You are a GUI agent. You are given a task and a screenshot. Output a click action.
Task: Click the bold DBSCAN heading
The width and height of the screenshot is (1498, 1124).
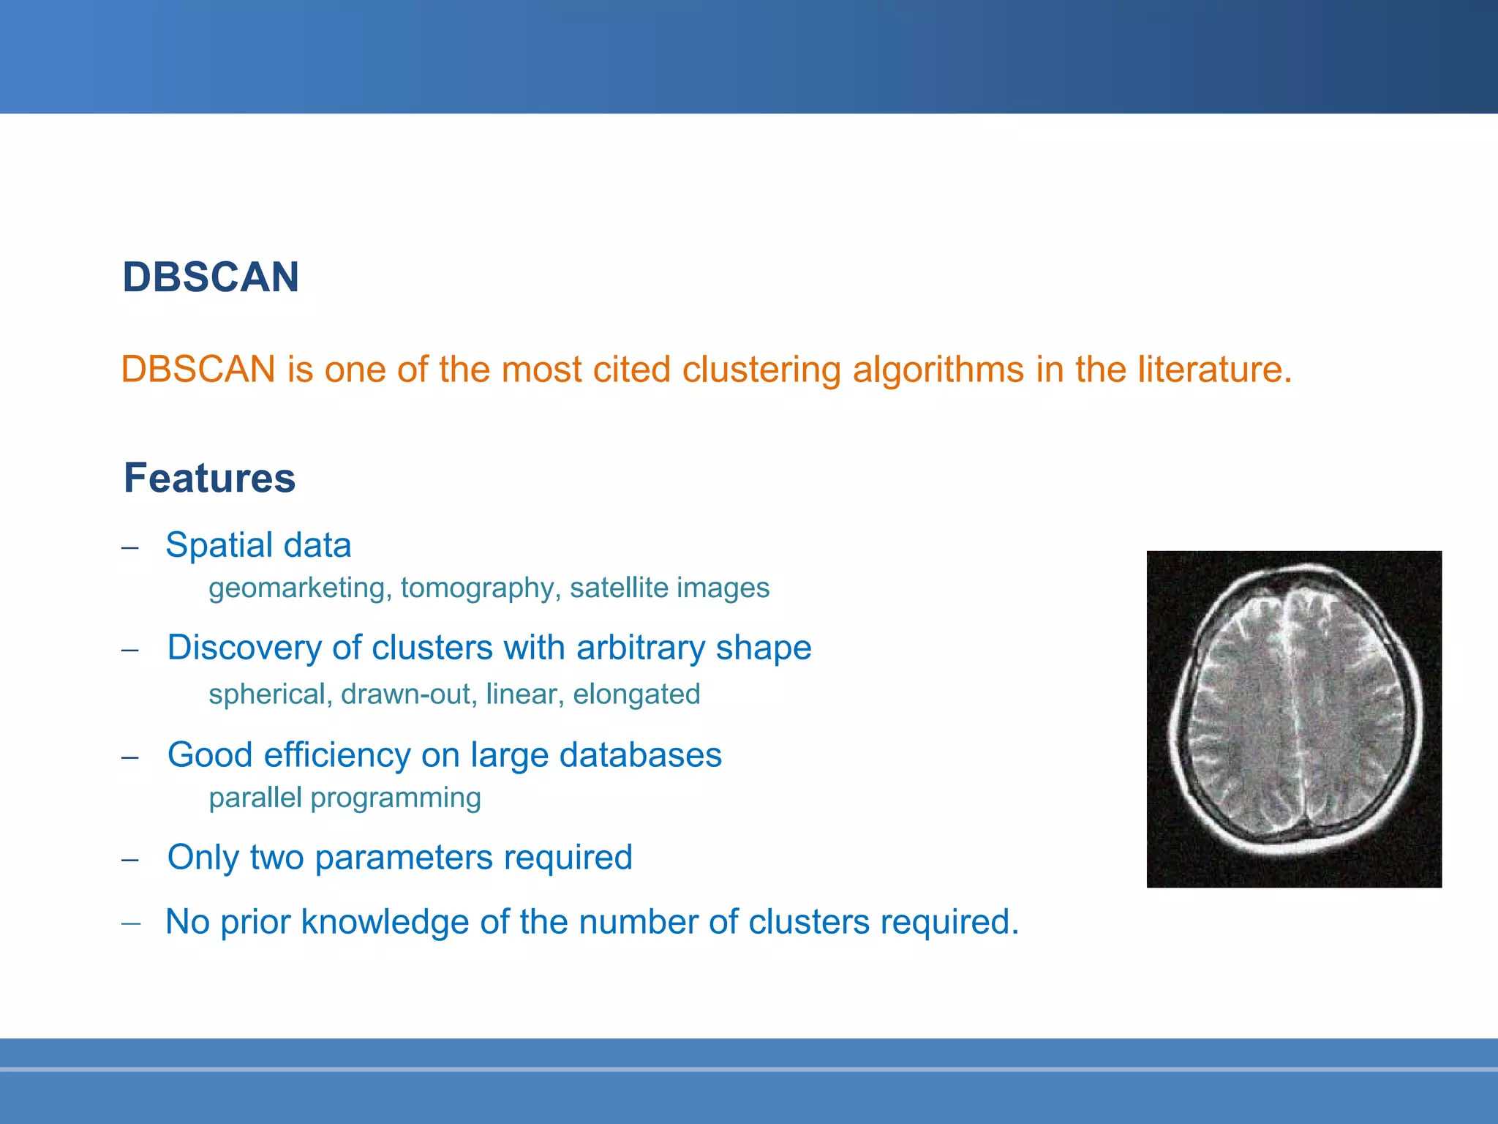(x=211, y=277)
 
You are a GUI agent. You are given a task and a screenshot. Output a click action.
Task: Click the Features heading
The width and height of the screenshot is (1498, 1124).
(x=209, y=478)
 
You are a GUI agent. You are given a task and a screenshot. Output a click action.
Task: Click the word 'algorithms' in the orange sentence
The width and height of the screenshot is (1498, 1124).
(x=938, y=369)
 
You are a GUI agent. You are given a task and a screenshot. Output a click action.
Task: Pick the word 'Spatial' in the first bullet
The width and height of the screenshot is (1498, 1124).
(x=219, y=545)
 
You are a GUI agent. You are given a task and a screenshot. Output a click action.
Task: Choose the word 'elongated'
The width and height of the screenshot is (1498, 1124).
(x=636, y=694)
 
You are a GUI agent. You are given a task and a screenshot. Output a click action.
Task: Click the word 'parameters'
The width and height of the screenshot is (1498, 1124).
(x=404, y=857)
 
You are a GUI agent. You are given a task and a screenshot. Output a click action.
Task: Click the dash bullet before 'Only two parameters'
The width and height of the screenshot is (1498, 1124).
(x=130, y=860)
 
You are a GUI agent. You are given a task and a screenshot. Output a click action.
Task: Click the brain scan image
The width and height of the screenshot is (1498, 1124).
(x=1294, y=719)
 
